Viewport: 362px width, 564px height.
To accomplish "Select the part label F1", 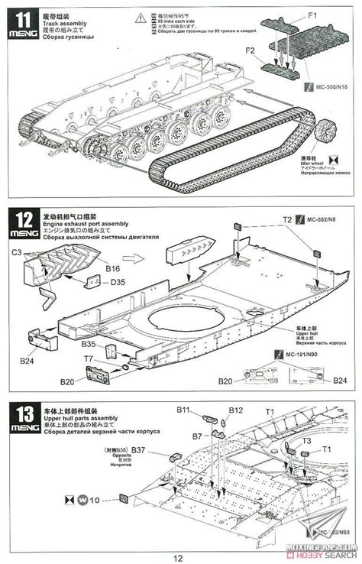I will (313, 14).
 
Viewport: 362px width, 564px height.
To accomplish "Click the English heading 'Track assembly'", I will (65, 24).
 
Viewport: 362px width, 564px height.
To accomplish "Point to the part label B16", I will (113, 269).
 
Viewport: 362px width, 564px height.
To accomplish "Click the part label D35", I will (118, 283).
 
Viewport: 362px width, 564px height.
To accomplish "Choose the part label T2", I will (287, 219).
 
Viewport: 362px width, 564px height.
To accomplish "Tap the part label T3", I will (306, 441).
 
